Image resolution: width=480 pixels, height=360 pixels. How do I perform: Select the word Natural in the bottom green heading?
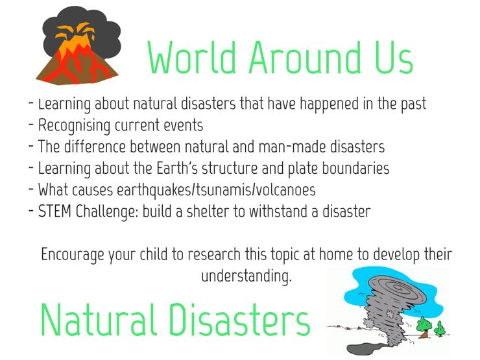99,320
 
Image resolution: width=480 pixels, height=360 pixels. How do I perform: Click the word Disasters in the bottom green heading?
240,320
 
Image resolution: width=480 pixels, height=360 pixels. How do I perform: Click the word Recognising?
74,126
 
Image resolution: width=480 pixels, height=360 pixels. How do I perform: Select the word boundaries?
355,168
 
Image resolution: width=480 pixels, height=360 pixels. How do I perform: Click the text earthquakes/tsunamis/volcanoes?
216,190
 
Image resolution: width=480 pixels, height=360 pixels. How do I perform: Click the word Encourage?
72,255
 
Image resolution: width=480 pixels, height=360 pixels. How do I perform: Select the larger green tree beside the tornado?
424,326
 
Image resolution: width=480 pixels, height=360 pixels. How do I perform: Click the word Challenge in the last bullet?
107,212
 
